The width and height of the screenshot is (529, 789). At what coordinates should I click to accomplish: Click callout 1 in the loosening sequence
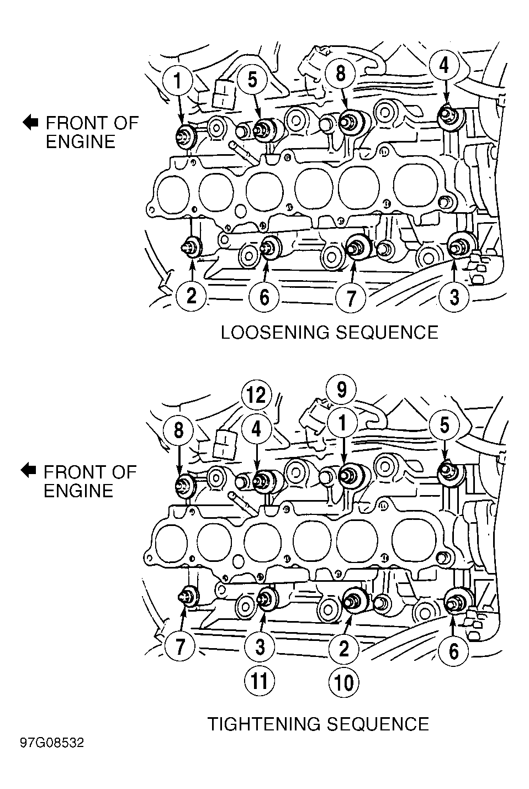coord(178,80)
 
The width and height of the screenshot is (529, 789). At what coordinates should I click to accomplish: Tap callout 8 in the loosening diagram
coord(340,73)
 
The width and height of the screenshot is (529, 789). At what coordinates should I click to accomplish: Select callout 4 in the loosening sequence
coord(445,65)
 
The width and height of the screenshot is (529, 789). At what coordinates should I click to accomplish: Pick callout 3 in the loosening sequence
coord(454,297)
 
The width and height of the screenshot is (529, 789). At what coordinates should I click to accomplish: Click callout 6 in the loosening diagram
coord(264,297)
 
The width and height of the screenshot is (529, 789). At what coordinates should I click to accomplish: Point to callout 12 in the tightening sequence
coord(257,395)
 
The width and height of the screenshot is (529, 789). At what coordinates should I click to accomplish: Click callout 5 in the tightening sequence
coord(445,425)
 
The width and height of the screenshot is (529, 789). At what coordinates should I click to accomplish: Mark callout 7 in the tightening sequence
coord(179,646)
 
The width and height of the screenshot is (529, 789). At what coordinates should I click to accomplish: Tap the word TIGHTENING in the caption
coord(264,724)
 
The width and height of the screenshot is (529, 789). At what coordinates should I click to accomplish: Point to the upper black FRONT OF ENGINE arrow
coord(30,123)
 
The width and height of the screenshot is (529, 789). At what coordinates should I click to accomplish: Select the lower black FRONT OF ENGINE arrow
coord(28,471)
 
